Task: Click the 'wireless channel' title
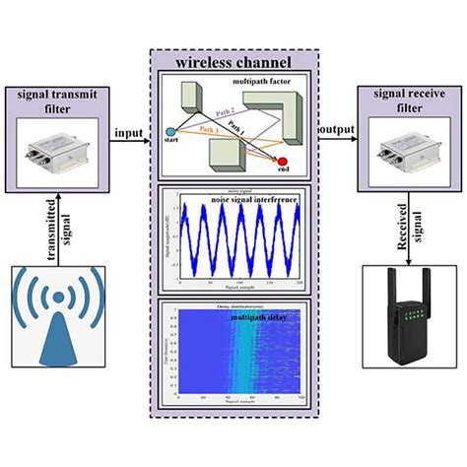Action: [x=233, y=62]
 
